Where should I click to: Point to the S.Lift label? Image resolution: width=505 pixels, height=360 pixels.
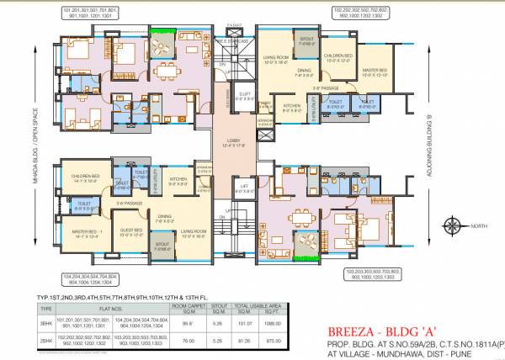(244, 95)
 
